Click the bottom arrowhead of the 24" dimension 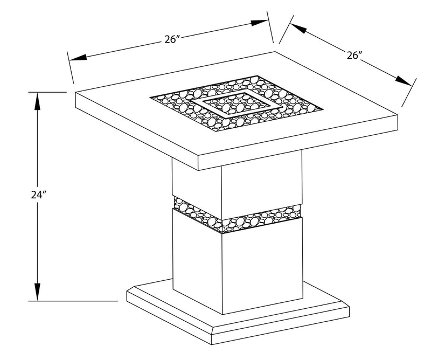point(37,294)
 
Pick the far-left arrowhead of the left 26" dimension point(75,58)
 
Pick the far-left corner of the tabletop point(75,93)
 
